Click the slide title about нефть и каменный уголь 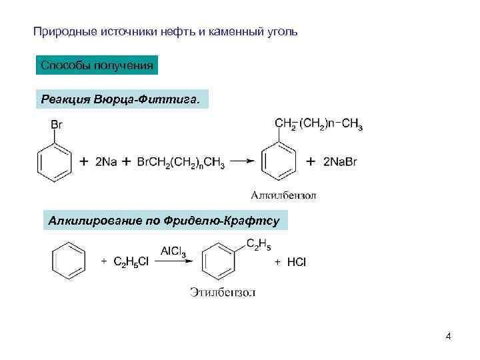click(166, 31)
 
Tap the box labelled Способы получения click(97, 65)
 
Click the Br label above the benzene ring click(57, 124)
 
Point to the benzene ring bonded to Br click(53, 161)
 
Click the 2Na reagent click(107, 162)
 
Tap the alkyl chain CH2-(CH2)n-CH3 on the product click(319, 125)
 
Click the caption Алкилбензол click(283, 195)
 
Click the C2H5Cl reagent click(131, 263)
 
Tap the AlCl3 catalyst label click(173, 251)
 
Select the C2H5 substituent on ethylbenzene click(259, 245)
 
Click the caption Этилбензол click(223, 292)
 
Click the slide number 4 click(448, 336)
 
